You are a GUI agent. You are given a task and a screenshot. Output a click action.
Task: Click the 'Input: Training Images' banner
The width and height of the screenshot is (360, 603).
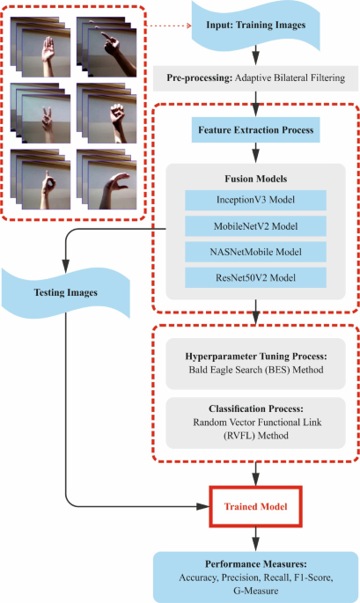pyautogui.click(x=255, y=34)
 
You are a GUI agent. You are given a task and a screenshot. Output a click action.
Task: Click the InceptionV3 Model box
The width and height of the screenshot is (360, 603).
pyautogui.click(x=254, y=198)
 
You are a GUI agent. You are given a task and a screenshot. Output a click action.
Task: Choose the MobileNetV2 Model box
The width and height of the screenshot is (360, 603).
pyautogui.click(x=254, y=224)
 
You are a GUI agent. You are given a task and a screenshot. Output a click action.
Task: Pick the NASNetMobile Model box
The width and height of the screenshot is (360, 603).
pyautogui.click(x=254, y=251)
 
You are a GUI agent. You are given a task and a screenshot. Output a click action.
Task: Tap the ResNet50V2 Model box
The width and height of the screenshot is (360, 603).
pyautogui.click(x=254, y=277)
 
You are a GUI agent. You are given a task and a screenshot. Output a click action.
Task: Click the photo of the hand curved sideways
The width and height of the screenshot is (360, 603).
pyautogui.click(x=107, y=181)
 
